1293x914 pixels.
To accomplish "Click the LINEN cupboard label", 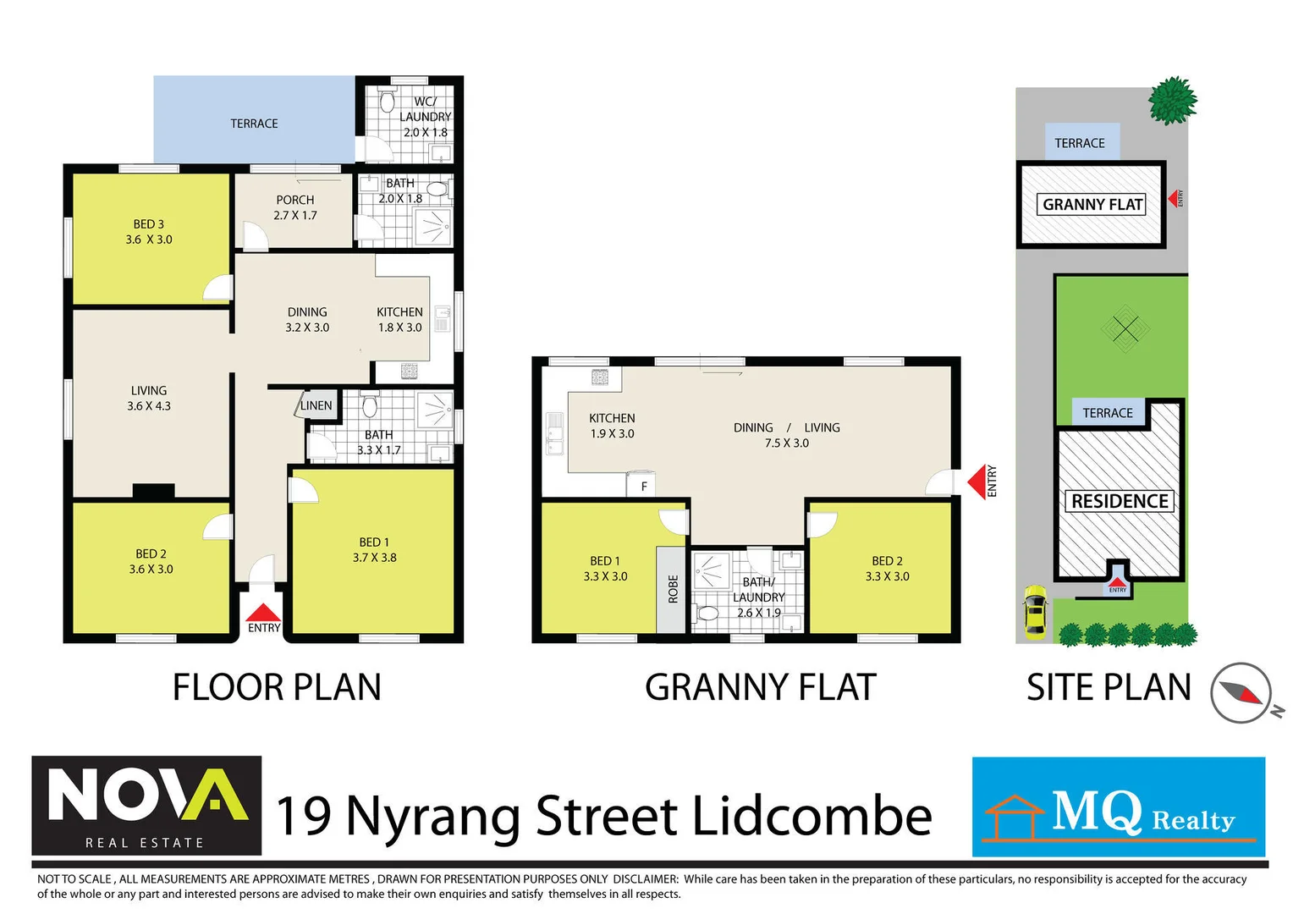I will [316, 405].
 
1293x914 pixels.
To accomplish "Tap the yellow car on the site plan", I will [1034, 611].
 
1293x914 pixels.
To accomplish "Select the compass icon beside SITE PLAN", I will [1241, 692].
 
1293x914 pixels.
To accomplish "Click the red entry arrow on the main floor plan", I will [263, 614].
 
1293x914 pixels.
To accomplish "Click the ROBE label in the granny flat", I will [673, 589].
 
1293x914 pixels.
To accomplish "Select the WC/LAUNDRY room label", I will [425, 116].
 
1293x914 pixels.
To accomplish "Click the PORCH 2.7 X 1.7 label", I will [294, 207].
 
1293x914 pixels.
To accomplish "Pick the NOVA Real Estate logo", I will [146, 806].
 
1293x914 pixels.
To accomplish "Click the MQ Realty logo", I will [1118, 807].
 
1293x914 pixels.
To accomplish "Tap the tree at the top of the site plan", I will [1172, 101].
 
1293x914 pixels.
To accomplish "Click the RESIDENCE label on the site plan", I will [1119, 501].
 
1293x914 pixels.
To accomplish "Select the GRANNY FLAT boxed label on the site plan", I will [1092, 204].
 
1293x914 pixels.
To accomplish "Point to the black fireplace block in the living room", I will [153, 491].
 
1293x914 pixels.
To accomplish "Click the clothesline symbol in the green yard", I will [1125, 329].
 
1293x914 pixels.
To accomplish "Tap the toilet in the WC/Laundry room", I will [388, 102].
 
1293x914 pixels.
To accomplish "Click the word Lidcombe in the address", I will [812, 817].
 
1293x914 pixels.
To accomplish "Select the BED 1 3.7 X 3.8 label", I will [374, 549].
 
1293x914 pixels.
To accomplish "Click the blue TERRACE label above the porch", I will [254, 124].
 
